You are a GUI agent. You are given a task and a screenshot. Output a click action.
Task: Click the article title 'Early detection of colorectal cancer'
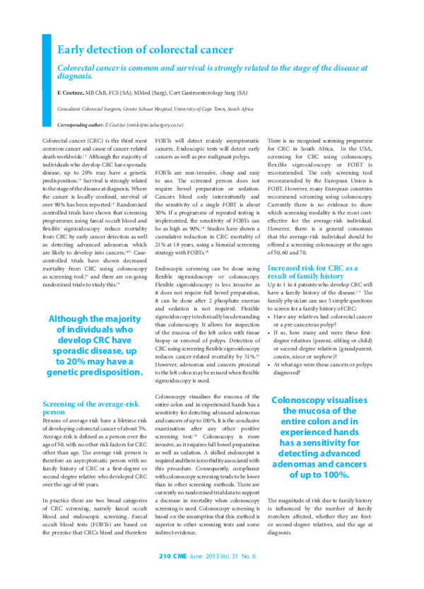(144, 49)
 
